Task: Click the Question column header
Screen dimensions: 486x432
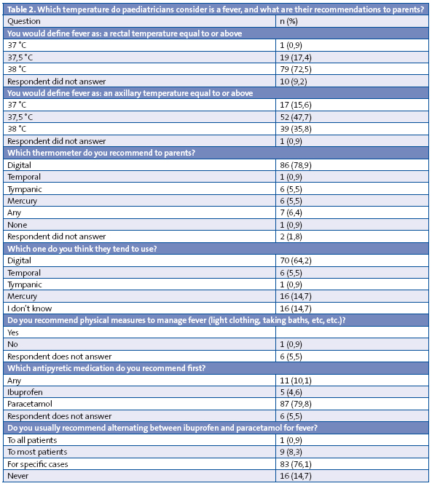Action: (23, 22)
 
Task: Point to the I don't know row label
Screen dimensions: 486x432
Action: (29, 308)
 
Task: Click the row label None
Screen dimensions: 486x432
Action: (17, 225)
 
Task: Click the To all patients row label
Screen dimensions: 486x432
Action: (31, 439)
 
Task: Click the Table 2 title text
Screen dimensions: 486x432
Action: (216, 9)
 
